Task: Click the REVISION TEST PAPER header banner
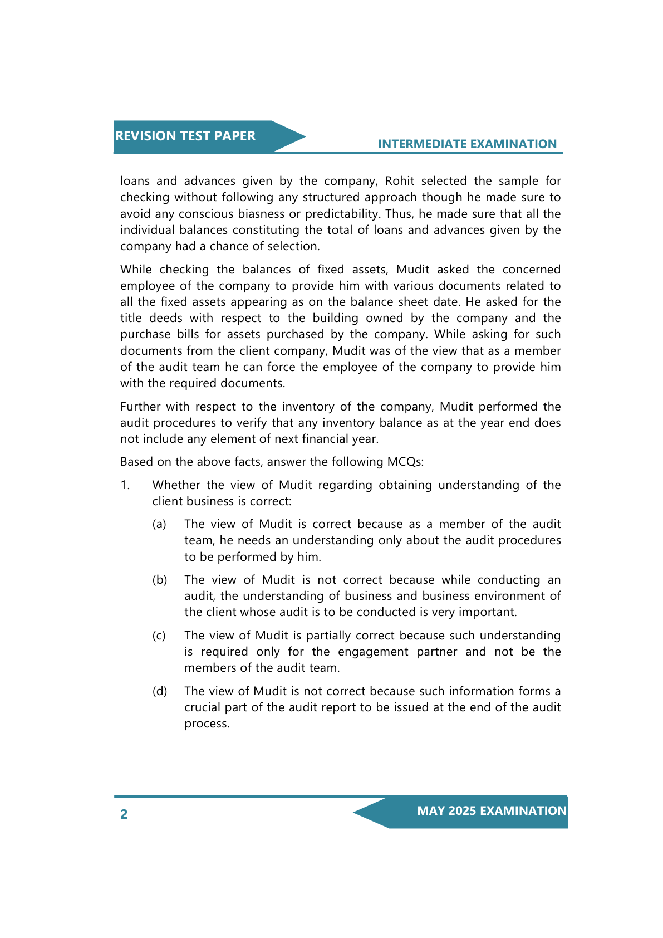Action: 185,136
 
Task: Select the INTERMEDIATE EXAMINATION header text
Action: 467,144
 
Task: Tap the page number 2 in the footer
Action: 124,814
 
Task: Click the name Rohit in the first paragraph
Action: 399,181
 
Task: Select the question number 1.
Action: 125,485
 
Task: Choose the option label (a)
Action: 159,524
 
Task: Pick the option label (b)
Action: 160,580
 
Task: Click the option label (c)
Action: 159,636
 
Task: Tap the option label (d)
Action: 160,691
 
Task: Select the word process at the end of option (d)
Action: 206,724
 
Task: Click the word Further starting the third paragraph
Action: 140,407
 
